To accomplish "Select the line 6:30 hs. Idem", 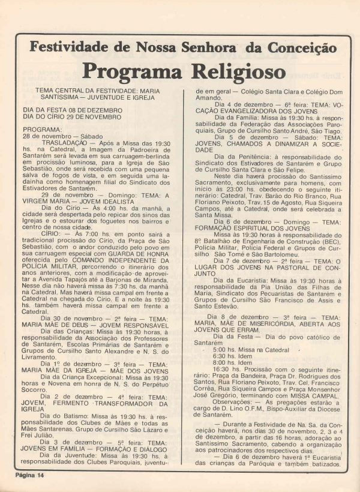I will pos(231,355).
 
